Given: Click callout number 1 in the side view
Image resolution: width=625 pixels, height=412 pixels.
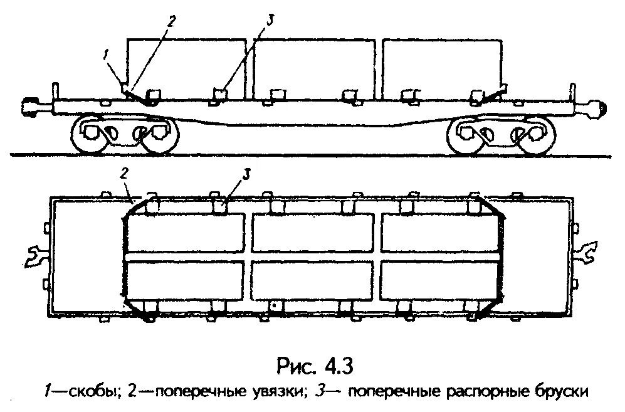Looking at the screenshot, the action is click(107, 56).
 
